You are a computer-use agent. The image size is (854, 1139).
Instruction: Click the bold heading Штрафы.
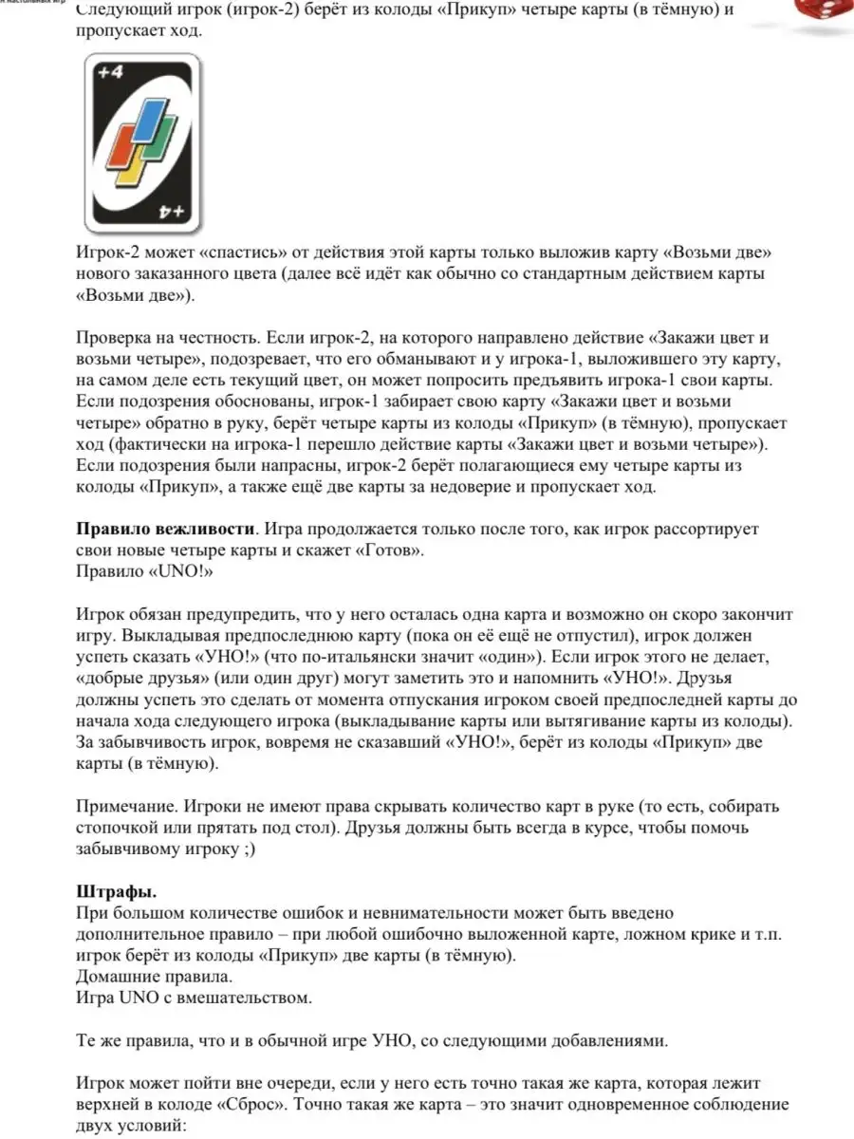[116, 892]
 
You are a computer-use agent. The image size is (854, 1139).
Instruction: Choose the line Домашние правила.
[153, 976]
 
